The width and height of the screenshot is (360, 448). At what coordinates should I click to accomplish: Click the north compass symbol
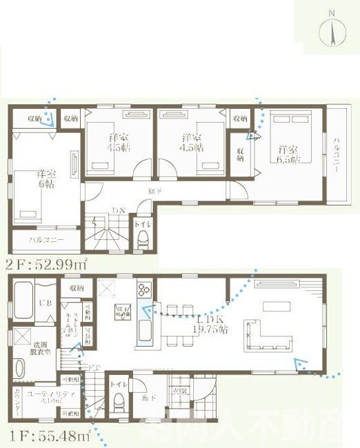tap(331, 31)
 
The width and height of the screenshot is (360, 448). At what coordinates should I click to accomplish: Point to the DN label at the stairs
tap(119, 211)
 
